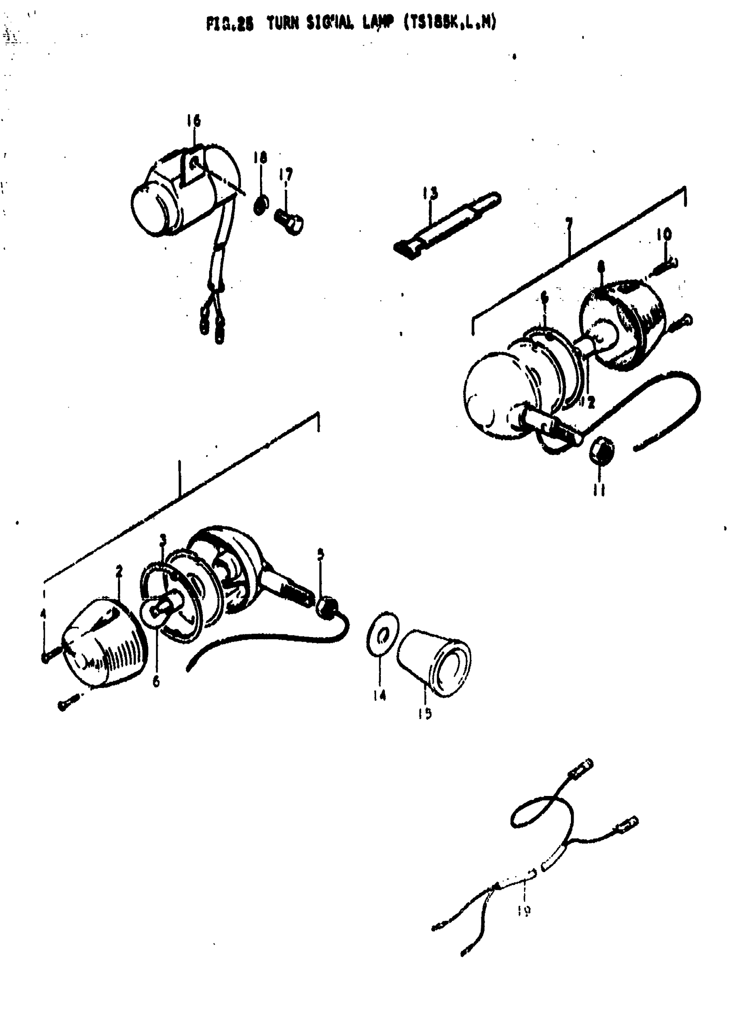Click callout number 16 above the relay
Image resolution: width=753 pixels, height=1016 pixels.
point(193,121)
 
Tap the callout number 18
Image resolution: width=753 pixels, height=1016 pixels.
point(260,158)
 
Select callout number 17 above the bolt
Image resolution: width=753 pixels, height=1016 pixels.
point(286,174)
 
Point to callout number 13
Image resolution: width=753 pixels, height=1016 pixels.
point(430,193)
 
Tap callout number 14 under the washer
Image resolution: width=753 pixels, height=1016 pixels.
point(379,695)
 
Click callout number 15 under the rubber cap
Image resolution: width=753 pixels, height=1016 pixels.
point(425,714)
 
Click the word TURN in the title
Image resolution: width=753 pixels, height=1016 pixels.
point(283,23)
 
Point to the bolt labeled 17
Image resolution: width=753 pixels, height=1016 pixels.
point(290,221)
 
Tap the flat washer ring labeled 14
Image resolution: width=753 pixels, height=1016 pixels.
point(382,635)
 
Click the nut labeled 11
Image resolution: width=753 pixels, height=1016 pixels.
point(602,451)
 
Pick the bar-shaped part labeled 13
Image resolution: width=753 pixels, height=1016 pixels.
point(446,225)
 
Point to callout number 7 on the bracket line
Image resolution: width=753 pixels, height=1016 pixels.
point(568,224)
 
